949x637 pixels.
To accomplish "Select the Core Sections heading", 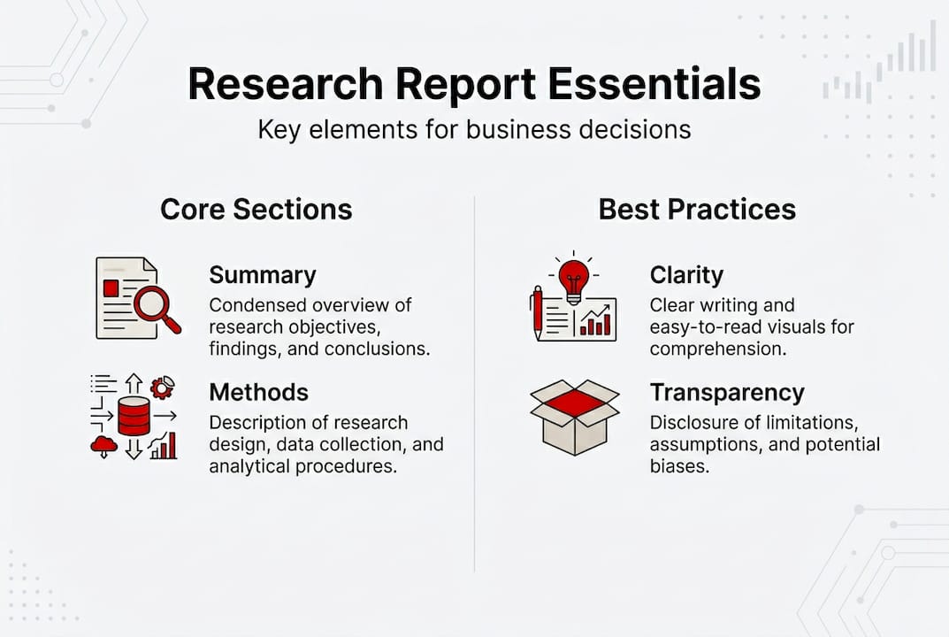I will [x=256, y=209].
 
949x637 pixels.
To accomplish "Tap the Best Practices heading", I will [x=697, y=209].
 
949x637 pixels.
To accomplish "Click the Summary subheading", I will [x=263, y=275].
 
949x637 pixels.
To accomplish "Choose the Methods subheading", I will [x=259, y=392].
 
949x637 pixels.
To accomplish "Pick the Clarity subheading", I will [x=686, y=275].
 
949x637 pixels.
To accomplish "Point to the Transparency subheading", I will [x=727, y=392].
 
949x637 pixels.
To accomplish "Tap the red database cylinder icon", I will [x=134, y=416].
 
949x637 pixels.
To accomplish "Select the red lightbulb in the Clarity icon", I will [x=573, y=277].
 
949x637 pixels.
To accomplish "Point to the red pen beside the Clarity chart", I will [x=536, y=311].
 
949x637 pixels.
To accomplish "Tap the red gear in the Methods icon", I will [x=162, y=388].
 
